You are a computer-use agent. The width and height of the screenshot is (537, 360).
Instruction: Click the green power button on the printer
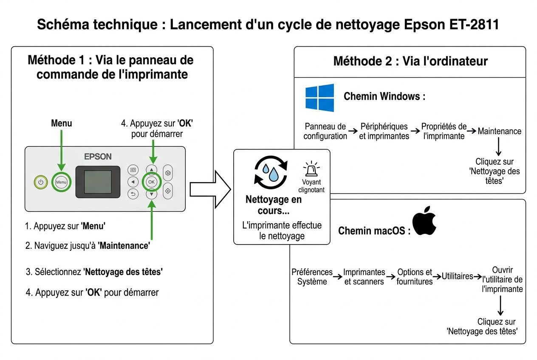coord(41,182)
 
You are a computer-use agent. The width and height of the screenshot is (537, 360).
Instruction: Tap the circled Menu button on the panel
coord(61,182)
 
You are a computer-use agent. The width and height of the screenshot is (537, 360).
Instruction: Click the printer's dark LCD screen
coord(98,182)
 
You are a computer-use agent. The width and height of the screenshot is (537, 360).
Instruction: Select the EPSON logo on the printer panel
coord(98,157)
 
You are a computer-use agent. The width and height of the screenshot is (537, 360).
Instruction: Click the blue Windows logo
coord(319,98)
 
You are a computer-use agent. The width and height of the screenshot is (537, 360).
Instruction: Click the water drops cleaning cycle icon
coord(271,171)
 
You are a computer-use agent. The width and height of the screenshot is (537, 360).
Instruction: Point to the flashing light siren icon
coord(311,169)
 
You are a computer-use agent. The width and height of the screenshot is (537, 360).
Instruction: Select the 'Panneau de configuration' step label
coord(325,131)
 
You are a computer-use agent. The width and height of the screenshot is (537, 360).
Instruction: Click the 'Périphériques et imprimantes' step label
coord(384,131)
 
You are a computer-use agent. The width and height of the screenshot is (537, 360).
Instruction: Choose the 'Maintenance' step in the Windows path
coord(499,131)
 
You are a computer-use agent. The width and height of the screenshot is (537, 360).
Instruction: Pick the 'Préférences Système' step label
coord(312,276)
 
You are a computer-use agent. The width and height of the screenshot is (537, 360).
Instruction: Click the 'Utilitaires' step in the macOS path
coord(457,276)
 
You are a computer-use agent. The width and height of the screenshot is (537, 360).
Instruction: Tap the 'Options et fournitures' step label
coord(414,276)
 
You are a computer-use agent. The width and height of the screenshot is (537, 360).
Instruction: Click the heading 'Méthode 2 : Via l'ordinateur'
coord(410,61)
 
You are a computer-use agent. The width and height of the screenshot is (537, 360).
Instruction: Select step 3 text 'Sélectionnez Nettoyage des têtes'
coord(94,272)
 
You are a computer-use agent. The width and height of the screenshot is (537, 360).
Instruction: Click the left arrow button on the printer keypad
coord(133,182)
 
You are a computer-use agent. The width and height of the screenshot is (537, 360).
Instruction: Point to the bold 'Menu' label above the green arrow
coord(61,124)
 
